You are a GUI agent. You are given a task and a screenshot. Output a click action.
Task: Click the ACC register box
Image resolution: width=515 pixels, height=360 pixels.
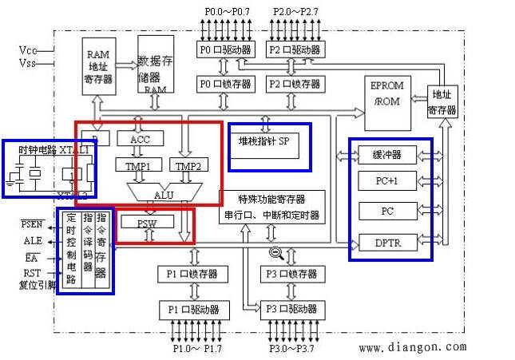point(145,139)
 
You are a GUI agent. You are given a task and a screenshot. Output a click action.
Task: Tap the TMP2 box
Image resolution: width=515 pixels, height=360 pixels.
point(188,166)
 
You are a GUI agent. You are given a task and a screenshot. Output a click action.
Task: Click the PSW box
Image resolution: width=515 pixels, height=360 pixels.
point(146,224)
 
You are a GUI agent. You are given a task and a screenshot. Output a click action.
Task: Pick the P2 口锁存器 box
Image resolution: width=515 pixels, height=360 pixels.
point(295,84)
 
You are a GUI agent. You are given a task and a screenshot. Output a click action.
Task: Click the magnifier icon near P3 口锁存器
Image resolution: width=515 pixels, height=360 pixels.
point(276,255)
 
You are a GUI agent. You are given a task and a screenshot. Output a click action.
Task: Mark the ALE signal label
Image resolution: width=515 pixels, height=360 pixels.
point(34,240)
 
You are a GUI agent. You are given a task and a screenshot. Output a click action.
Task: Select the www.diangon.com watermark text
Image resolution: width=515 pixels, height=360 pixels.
point(412,347)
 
